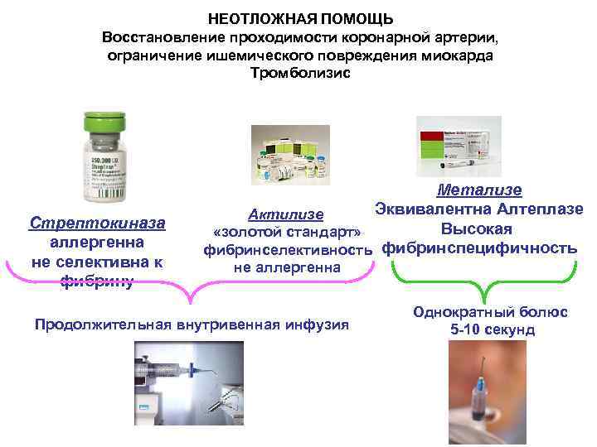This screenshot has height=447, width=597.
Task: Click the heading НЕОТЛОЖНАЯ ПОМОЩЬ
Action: point(300,18)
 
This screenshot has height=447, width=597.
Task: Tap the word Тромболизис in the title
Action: point(300,73)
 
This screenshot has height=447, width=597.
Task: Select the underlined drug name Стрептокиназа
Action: point(97,223)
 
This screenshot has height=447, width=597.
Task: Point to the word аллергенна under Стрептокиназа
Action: point(97,243)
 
